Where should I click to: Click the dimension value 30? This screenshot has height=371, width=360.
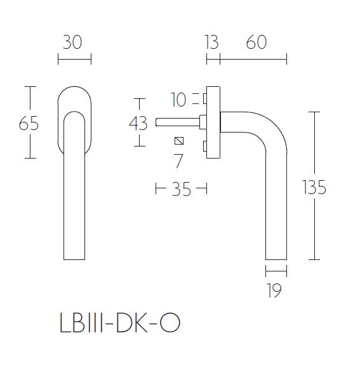(x=74, y=42)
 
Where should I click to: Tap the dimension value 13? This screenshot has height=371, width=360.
(x=212, y=42)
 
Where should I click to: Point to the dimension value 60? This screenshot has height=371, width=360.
(x=257, y=42)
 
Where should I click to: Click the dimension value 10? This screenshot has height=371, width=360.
(x=178, y=100)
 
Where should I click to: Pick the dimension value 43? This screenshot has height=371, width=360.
(x=138, y=123)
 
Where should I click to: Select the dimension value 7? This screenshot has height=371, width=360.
(x=178, y=161)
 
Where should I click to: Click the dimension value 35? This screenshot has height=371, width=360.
(x=181, y=189)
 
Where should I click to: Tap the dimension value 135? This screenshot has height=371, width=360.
(x=314, y=188)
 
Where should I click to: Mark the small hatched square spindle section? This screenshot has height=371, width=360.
(x=178, y=141)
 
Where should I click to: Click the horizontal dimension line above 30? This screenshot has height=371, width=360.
(x=74, y=60)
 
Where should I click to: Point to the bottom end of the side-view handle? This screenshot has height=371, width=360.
(x=276, y=257)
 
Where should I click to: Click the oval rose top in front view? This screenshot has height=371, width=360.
(x=74, y=95)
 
